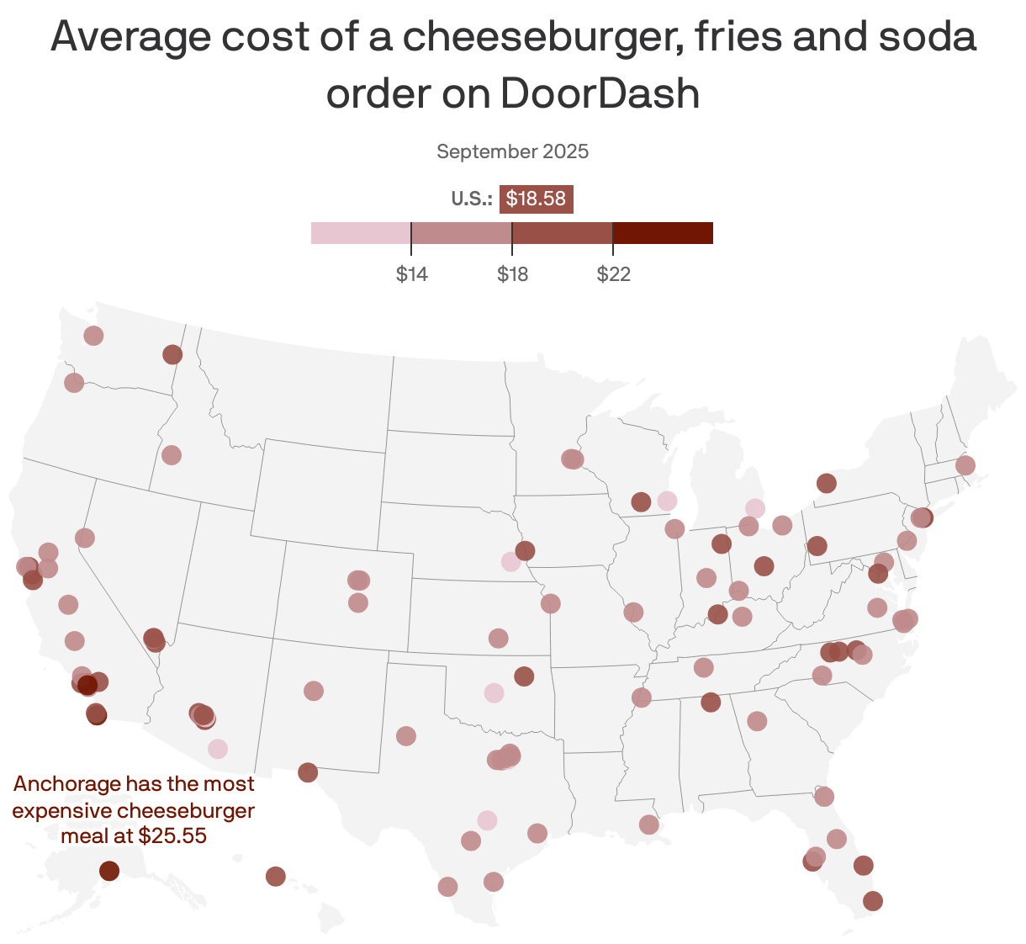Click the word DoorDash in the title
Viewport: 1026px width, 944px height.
pos(600,93)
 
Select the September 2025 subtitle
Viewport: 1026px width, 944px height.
pos(512,151)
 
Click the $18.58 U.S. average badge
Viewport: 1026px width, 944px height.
pos(536,199)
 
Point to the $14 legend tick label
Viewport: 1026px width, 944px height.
pos(412,274)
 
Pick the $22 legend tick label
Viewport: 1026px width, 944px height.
pos(613,274)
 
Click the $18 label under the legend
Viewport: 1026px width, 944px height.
pos(512,274)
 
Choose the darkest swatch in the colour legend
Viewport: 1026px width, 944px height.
pos(663,233)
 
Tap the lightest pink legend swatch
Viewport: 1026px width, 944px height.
pos(361,233)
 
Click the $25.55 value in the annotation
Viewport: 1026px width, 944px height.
pos(172,836)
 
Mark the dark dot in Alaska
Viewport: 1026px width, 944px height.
pos(109,870)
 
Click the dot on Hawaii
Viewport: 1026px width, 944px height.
pos(276,877)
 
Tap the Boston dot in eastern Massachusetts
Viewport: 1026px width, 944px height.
pos(965,465)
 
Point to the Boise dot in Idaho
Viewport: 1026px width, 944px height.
pos(172,454)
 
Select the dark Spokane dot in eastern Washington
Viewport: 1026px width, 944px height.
pos(172,354)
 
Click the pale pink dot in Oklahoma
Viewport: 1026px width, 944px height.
pos(494,692)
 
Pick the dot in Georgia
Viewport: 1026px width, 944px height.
pos(757,721)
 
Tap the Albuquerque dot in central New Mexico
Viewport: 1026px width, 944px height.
pos(314,691)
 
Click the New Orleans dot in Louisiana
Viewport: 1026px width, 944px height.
pos(649,825)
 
